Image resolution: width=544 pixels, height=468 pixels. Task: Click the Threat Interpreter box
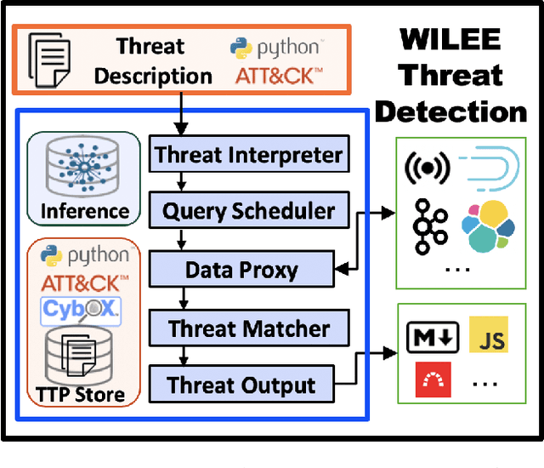[x=248, y=155]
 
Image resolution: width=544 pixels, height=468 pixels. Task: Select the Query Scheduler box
[x=248, y=211]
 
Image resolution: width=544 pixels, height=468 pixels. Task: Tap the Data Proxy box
[x=241, y=270]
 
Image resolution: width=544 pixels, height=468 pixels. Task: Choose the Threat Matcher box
[x=248, y=328]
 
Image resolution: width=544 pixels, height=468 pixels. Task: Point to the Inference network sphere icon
[x=82, y=167]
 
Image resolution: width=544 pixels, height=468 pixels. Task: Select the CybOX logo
[x=82, y=311]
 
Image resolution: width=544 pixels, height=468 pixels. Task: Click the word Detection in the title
[x=450, y=111]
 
